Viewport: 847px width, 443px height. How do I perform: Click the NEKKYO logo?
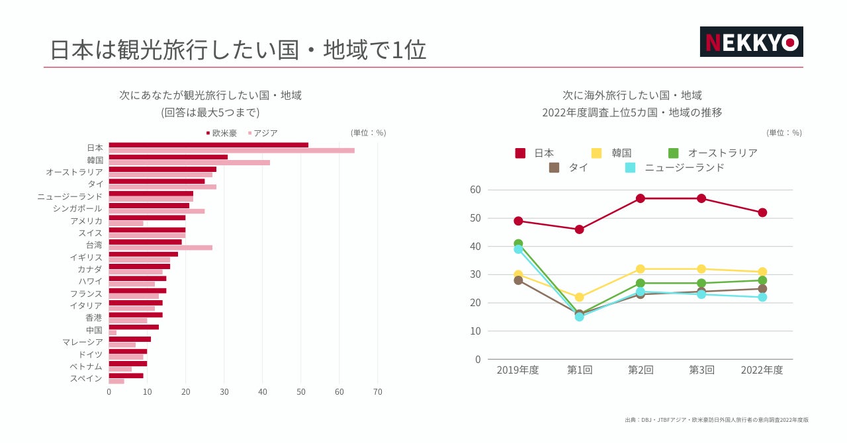coord(751,42)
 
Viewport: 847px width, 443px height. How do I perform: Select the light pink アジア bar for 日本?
coord(232,151)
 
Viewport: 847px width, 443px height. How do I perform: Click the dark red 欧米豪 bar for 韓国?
coord(168,157)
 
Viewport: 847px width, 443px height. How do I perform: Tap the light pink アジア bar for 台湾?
coord(160,248)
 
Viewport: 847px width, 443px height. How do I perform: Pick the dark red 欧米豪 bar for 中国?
coord(134,327)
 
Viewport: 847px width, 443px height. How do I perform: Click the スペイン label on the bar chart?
coord(86,378)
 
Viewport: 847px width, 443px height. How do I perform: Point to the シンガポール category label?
coord(77,208)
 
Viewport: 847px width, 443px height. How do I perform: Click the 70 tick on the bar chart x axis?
coord(378,392)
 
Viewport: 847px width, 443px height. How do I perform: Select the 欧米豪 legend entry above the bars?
coord(221,133)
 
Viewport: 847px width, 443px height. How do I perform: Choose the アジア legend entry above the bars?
coord(263,133)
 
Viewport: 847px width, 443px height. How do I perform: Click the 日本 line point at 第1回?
coord(579,229)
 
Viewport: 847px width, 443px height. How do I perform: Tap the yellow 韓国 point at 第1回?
coord(579,298)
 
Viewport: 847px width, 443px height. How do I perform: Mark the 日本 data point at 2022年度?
coord(762,212)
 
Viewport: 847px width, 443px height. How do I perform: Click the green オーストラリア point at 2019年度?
coord(518,244)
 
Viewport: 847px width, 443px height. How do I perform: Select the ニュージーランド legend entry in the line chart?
coord(675,168)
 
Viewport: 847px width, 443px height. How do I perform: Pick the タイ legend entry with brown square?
coord(568,168)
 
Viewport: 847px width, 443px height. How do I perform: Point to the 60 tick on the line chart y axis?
coord(475,190)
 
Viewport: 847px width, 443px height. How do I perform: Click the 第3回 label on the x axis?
coord(701,370)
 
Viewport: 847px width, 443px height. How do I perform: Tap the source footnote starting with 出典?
coord(716,420)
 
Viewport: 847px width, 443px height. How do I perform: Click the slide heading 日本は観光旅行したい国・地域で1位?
coord(238,50)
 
